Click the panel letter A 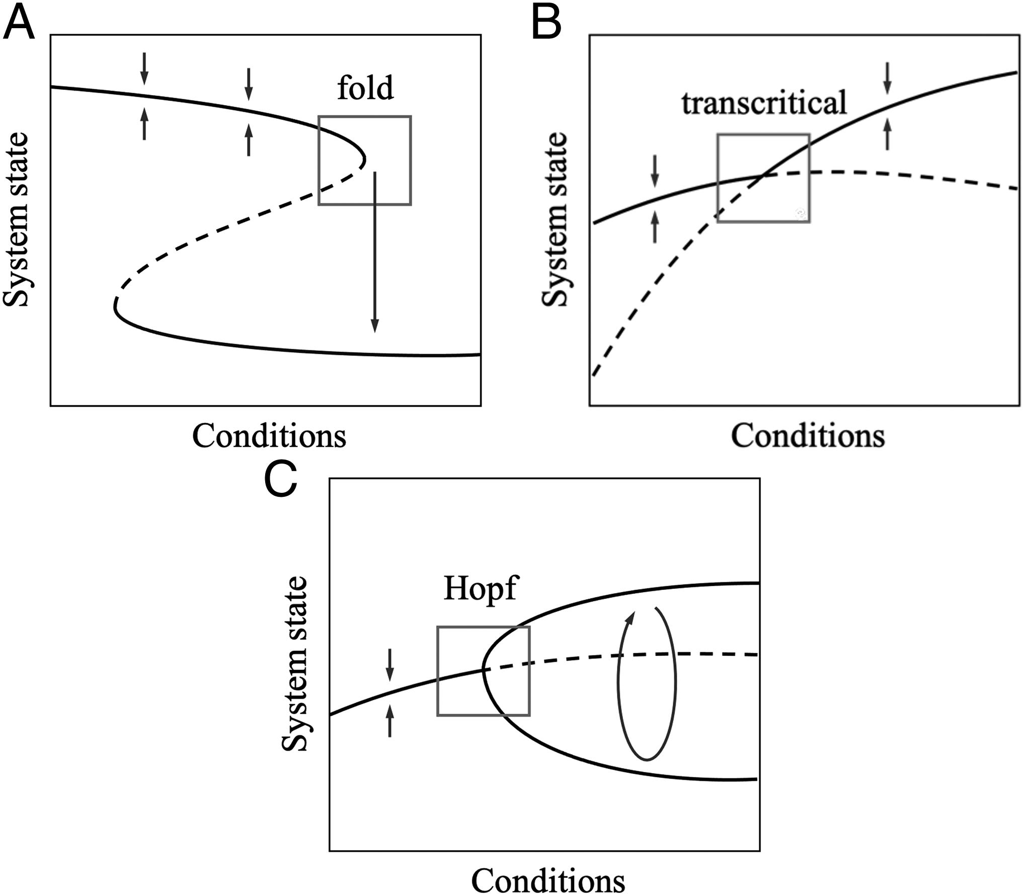[19, 24]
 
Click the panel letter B [546, 24]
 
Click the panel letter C [280, 481]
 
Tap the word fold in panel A [365, 88]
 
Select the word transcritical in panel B [764, 103]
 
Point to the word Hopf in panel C [480, 588]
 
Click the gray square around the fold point [319, 161]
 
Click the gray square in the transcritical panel [718, 178]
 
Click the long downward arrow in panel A [374, 252]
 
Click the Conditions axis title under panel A [269, 436]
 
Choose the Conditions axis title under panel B [808, 436]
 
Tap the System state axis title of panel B [555, 219]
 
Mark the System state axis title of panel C [294, 664]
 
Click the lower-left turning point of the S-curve [116, 306]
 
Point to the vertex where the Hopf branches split [484, 670]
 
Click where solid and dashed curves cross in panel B [762, 175]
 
